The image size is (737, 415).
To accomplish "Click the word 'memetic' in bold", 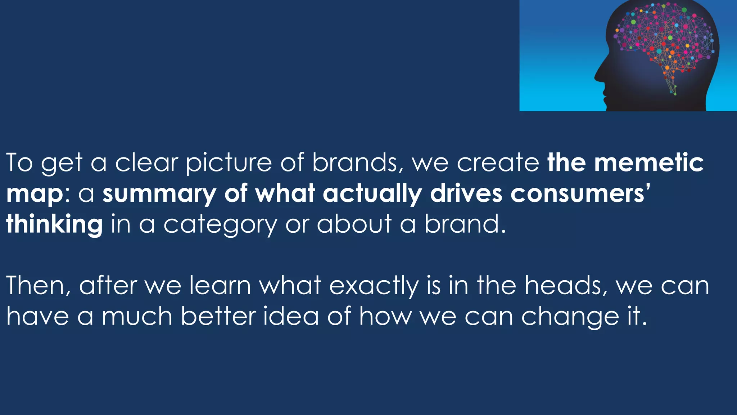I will coord(648,163).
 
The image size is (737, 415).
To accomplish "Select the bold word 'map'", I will coord(35,195).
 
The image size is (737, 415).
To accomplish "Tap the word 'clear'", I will coord(146,163).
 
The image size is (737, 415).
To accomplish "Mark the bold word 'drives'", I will coord(466,194).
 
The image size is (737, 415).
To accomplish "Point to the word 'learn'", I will coord(220,285).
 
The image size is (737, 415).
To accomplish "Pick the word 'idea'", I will coord(291,316).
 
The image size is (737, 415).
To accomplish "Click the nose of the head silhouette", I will coord(597,76).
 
